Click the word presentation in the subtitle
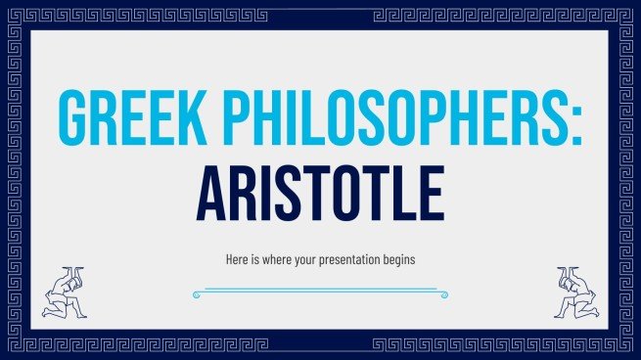point(345,262)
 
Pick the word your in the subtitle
point(303,262)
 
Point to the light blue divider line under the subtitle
point(320,291)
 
